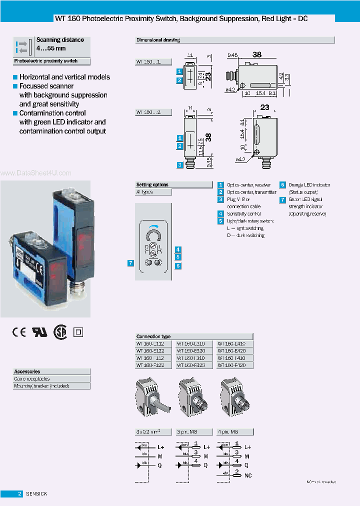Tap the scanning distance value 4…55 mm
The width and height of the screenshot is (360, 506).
tap(51, 48)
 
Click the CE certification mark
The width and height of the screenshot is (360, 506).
tap(19, 332)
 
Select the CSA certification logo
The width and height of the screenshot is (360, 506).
tap(60, 332)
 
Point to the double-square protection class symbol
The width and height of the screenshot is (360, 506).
tap(77, 332)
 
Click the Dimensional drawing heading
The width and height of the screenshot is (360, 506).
tap(158, 40)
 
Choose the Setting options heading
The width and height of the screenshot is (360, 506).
tap(152, 184)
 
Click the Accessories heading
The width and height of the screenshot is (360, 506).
tap(27, 371)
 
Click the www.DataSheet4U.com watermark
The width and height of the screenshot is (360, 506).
tap(36, 173)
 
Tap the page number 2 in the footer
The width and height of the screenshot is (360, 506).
tap(19, 494)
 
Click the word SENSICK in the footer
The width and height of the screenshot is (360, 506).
tap(36, 494)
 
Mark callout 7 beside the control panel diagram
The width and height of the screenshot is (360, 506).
tap(130, 263)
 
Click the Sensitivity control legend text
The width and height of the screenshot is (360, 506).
tap(244, 213)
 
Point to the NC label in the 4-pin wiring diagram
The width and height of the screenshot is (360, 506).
tap(248, 475)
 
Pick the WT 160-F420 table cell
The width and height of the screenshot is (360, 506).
tap(235, 365)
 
